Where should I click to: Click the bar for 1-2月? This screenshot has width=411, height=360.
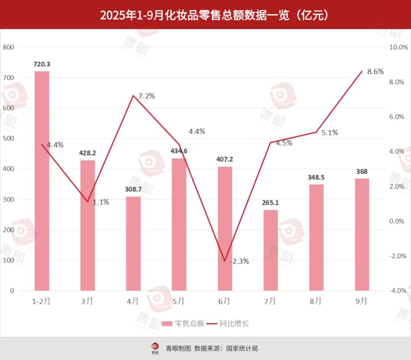[42, 181]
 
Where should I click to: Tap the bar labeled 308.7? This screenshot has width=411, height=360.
[133, 243]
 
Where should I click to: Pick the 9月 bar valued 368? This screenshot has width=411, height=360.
[362, 234]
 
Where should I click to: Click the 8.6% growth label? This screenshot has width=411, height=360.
[375, 72]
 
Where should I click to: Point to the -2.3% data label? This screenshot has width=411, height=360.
[239, 261]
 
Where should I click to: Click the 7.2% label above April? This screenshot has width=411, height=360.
[147, 96]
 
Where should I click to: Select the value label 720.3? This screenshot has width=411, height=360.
[42, 64]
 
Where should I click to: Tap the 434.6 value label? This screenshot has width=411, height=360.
[179, 151]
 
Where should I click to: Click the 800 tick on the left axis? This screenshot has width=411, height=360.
[8, 47]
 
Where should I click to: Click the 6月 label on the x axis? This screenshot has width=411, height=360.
[225, 301]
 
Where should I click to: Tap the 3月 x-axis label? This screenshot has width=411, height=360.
[87, 301]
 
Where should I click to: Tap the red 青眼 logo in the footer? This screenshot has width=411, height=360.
[155, 347]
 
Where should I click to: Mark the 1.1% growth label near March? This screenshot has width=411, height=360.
[101, 202]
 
